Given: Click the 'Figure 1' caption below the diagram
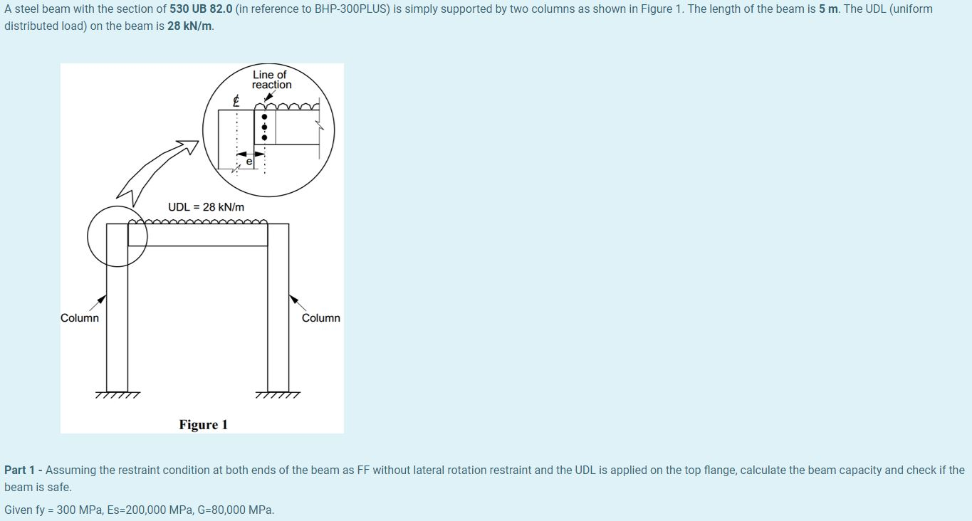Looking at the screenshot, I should pos(203,425).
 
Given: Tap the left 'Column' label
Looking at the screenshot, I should pos(80,318).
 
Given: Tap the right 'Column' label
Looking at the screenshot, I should pos(320,318).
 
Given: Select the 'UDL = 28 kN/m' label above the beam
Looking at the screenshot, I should pos(206,207).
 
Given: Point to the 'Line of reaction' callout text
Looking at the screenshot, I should pos(271,80).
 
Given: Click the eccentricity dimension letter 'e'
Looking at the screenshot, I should pos(249,162).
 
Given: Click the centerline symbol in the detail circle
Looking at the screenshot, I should pos(236,102).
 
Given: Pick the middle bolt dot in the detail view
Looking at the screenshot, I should pos(264,127).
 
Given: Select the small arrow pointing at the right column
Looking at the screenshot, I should pos(296,301).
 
